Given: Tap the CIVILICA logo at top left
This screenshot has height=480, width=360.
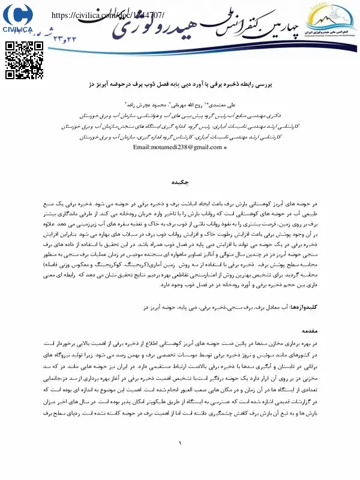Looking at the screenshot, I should pyautogui.click(x=19, y=17).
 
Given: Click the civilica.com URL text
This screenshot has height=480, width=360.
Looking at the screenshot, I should pyautogui.click(x=109, y=16).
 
